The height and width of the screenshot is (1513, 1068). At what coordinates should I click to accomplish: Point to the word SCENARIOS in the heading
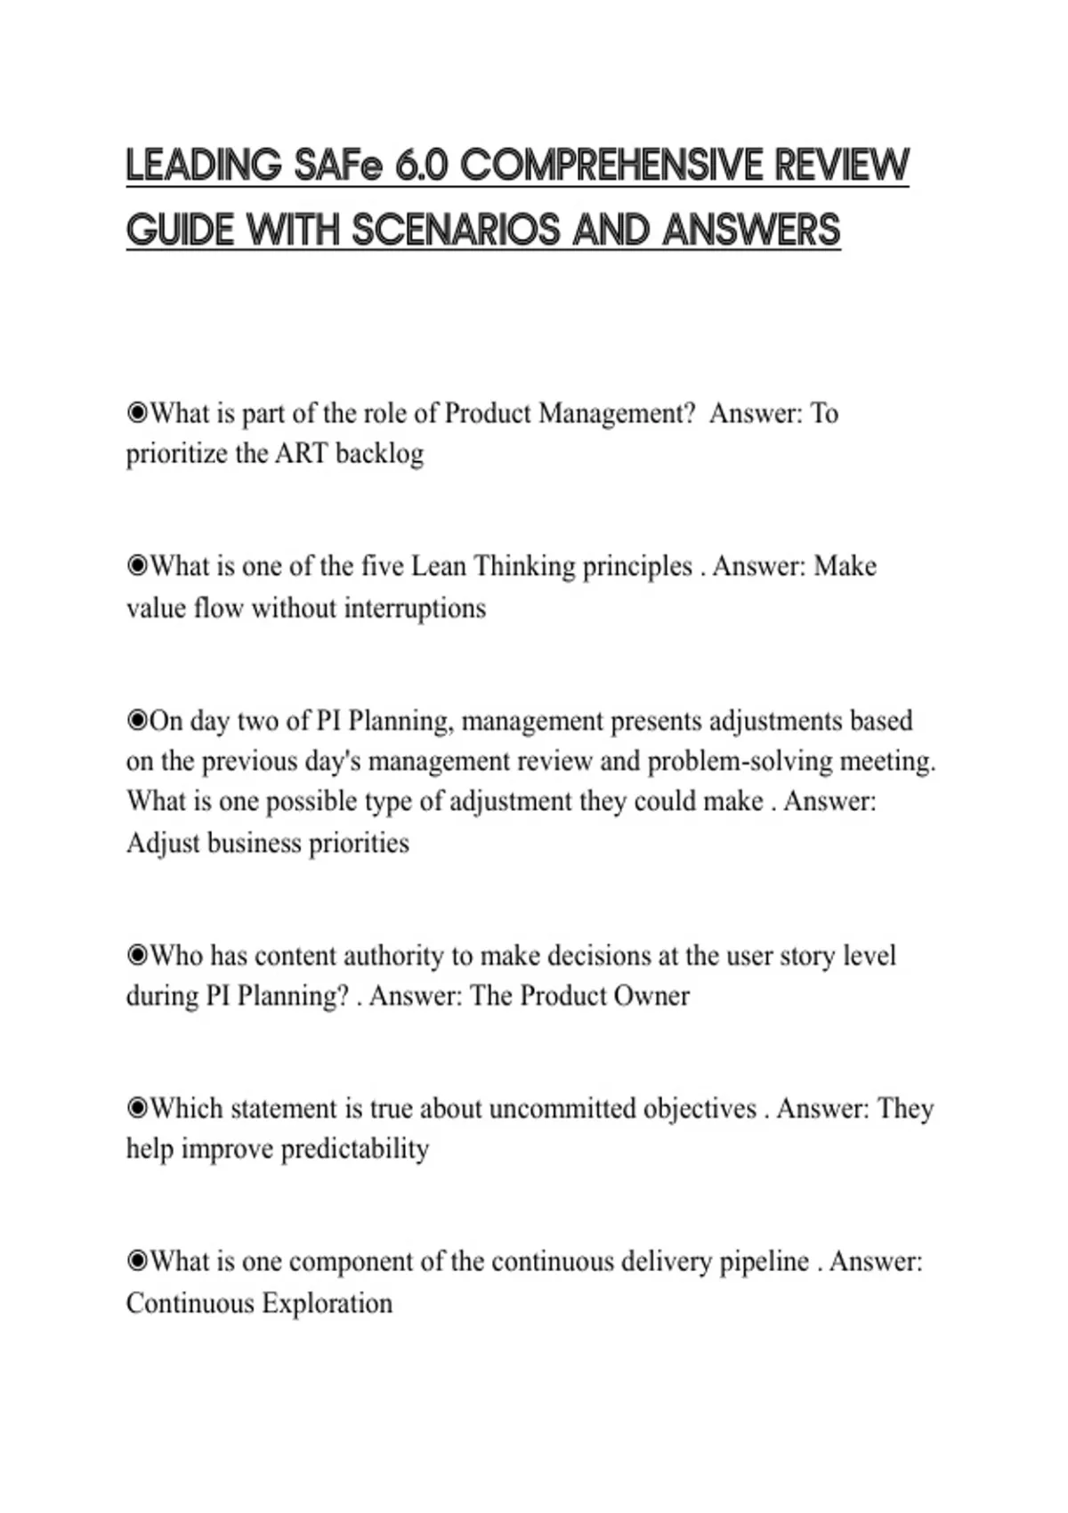[x=456, y=230]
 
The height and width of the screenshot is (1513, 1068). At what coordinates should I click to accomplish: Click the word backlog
[x=380, y=454]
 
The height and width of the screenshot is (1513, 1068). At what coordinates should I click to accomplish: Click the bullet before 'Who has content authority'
[x=137, y=956]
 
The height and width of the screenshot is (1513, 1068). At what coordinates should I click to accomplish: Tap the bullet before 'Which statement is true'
[x=137, y=1109]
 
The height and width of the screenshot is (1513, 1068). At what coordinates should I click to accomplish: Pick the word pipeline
[x=765, y=1262]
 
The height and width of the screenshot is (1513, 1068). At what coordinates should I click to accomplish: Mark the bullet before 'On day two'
[x=137, y=721]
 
